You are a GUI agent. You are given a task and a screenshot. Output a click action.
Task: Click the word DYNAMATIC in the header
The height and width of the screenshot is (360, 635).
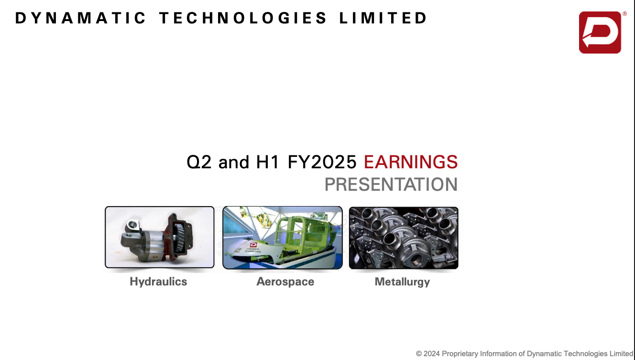(x=80, y=18)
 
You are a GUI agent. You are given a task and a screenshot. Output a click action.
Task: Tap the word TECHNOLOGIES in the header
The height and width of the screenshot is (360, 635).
(x=243, y=18)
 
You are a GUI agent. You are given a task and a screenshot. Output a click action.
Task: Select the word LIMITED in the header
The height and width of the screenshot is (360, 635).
(x=383, y=18)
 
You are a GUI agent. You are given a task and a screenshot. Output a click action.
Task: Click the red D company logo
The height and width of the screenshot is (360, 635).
(x=600, y=33)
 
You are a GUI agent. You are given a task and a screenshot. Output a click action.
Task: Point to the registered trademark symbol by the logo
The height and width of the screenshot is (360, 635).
(x=624, y=14)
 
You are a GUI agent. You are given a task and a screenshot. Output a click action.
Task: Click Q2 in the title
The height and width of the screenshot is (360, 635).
(x=199, y=162)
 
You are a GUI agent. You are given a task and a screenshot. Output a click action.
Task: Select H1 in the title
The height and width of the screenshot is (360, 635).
(x=267, y=162)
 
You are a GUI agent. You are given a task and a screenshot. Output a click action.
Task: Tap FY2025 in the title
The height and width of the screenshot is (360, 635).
(x=322, y=162)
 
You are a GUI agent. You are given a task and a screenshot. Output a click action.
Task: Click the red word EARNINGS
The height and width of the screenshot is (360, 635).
(x=411, y=162)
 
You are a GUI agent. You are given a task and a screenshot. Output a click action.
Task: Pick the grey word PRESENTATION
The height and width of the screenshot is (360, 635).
(x=391, y=185)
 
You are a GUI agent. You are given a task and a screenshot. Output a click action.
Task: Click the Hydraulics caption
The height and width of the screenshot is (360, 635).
(x=158, y=282)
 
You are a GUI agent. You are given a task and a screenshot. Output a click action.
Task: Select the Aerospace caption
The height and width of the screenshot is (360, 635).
(x=285, y=282)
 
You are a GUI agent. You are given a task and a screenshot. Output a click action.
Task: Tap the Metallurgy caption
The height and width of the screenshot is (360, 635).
(x=402, y=282)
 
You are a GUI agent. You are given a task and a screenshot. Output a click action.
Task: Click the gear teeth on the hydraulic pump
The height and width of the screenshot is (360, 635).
(x=179, y=237)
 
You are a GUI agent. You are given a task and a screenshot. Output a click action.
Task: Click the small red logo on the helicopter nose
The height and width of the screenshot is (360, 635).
(x=253, y=245)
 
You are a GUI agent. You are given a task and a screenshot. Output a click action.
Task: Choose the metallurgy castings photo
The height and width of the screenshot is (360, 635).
(x=404, y=238)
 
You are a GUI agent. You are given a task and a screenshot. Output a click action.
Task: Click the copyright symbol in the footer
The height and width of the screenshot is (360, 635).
(x=419, y=354)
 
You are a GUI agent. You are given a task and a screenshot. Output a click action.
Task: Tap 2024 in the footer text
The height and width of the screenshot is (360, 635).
(x=432, y=354)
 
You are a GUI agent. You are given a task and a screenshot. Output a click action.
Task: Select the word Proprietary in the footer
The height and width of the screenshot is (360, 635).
(x=460, y=354)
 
